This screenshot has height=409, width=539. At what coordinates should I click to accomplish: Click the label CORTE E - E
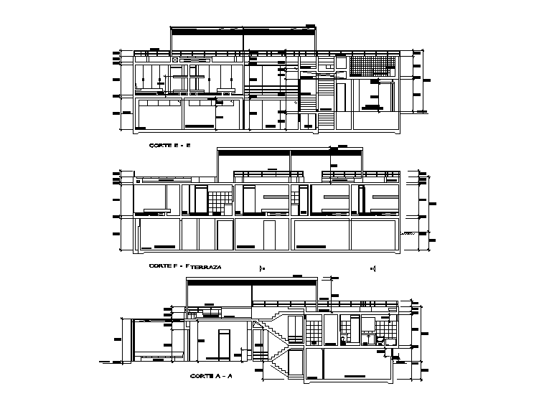coord(169,146)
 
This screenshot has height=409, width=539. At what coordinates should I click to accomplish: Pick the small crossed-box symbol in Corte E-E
coord(175,60)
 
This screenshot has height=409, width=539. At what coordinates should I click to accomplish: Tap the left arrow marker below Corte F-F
coord(263,268)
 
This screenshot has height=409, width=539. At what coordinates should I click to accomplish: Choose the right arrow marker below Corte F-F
coord(373,268)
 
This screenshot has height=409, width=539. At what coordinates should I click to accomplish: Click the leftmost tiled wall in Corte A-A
coord(314,332)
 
